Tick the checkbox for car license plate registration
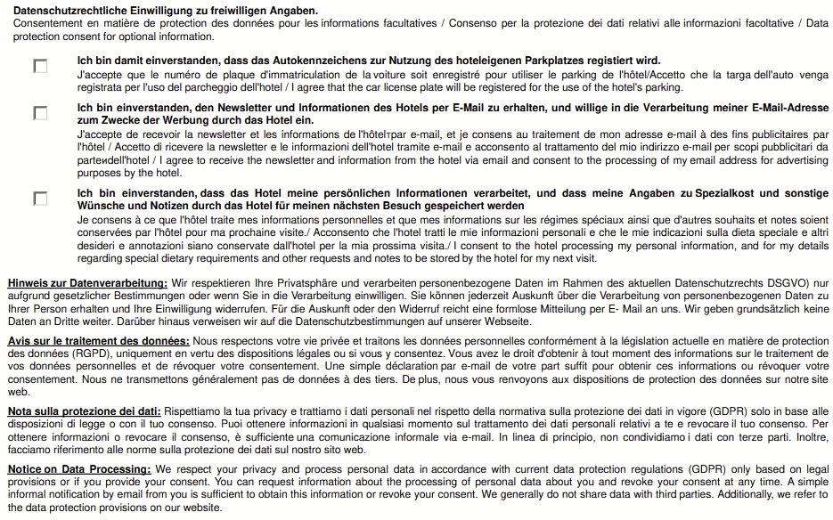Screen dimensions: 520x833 coord(41,66)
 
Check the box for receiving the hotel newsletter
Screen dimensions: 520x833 coord(41,113)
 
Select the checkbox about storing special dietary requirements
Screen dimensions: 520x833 coord(41,198)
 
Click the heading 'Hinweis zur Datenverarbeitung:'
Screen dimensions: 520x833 coord(87,283)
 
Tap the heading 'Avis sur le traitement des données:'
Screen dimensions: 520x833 coord(98,341)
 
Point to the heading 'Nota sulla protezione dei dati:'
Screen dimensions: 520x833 coord(84,410)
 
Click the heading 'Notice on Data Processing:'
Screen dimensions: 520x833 coord(79,468)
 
